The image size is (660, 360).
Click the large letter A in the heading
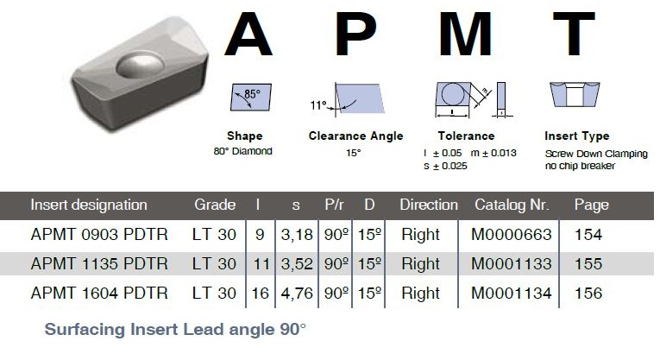point(248,34)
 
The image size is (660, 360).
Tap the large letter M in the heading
point(465,34)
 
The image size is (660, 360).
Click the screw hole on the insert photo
point(139,65)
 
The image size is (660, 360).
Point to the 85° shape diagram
point(251,98)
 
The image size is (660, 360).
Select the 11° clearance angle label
point(318,104)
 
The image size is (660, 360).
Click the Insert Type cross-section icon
point(575,94)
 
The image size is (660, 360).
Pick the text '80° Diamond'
point(243,151)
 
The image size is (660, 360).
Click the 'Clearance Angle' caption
point(355,136)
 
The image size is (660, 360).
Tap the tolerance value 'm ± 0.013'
point(493,153)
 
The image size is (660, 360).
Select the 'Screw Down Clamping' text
point(596,154)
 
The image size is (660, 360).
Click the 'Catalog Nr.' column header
point(512,205)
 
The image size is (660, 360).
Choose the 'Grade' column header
point(215,205)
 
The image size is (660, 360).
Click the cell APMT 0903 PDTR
point(99,235)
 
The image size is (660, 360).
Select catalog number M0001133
point(511,264)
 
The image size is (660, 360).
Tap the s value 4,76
point(297,294)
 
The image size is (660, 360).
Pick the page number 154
point(588,235)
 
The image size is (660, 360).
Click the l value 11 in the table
point(261,264)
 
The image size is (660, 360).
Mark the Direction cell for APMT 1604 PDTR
point(420,293)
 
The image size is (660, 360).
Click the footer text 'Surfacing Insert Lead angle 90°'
point(175,329)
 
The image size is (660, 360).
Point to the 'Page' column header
point(591,205)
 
